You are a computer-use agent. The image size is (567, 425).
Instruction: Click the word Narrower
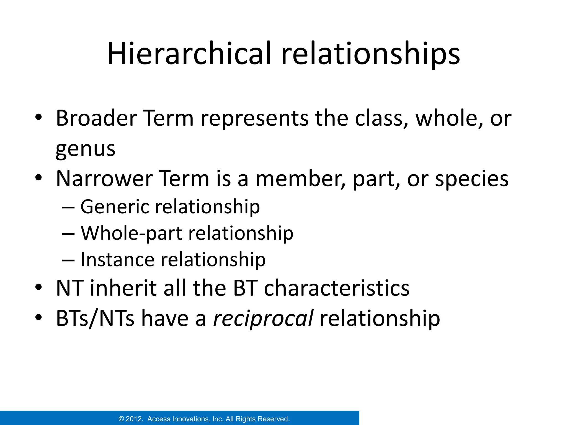(x=104, y=178)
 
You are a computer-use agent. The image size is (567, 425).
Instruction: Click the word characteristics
(x=336, y=288)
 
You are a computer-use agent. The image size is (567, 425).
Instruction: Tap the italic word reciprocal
(x=263, y=318)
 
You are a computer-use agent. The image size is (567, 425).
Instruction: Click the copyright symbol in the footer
(x=121, y=419)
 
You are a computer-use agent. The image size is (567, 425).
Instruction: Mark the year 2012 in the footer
(x=135, y=419)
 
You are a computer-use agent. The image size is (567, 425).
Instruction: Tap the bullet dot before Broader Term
(x=38, y=117)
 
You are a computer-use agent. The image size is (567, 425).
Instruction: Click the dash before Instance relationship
(x=68, y=260)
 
